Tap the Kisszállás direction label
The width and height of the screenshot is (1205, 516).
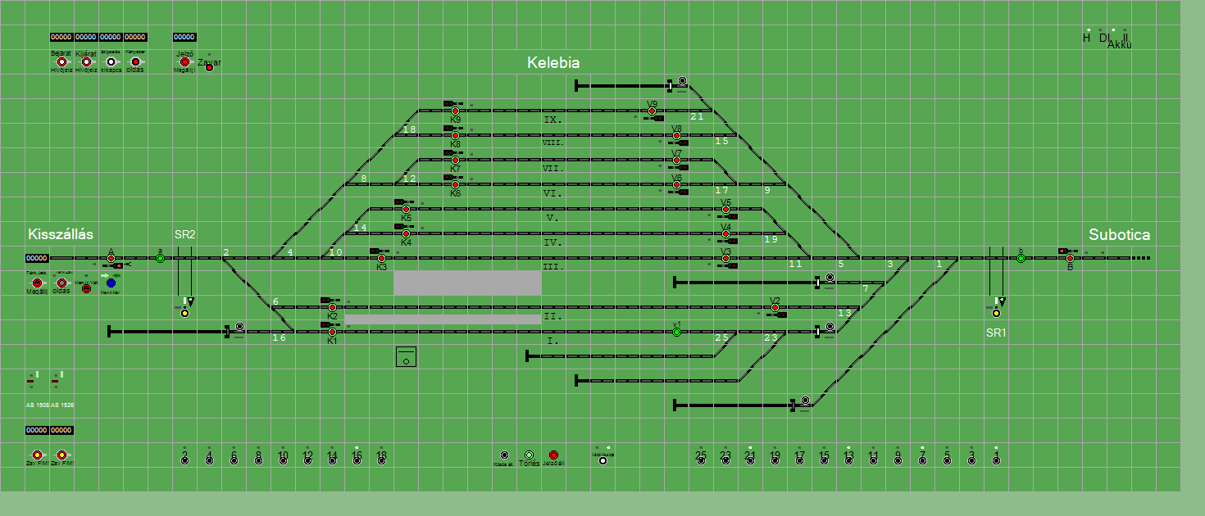point(61,234)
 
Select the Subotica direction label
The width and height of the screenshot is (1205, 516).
point(1119,235)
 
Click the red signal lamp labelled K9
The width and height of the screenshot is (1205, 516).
point(455,111)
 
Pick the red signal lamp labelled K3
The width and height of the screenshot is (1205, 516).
point(381,258)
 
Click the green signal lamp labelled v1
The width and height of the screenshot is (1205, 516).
point(676,332)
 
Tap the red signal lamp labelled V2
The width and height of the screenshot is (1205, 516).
point(775,308)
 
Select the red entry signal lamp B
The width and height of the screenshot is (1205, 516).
point(1070,258)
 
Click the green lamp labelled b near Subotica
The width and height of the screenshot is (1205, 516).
point(1021,258)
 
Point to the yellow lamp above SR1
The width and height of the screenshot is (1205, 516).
point(996,313)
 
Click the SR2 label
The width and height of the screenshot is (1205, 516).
point(184,234)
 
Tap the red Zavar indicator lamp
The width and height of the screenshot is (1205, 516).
point(209,67)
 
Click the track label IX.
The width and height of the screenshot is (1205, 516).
point(552,120)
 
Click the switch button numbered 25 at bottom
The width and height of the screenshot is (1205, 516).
point(701,460)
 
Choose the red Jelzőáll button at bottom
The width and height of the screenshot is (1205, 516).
point(553,455)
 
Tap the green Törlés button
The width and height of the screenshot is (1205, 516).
point(529,455)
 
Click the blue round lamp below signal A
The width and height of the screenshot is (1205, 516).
point(111,283)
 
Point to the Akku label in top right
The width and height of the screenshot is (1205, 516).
point(1119,44)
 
